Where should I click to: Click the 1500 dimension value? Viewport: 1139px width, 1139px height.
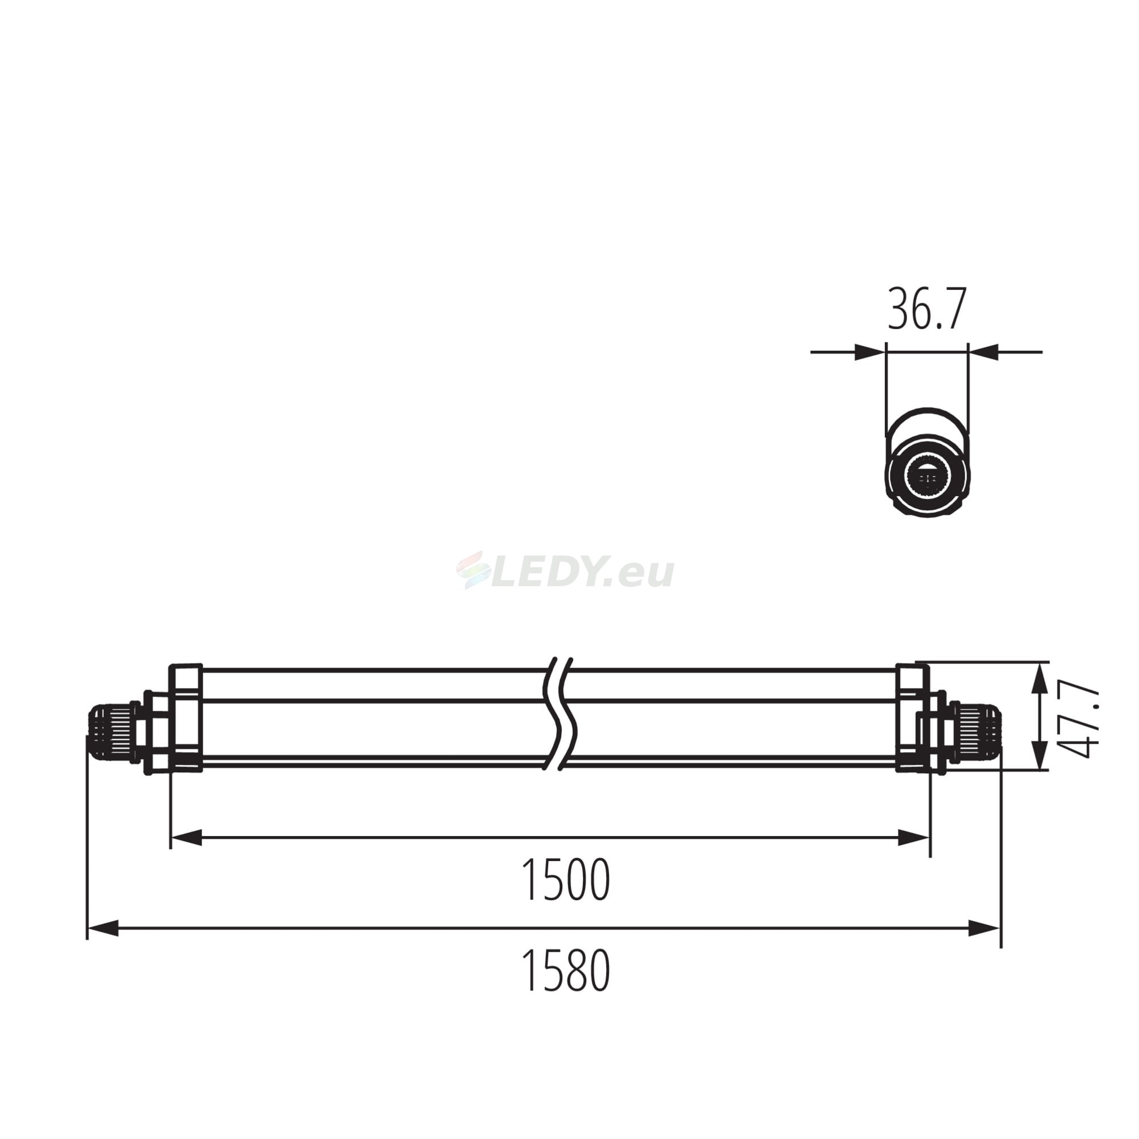point(566,880)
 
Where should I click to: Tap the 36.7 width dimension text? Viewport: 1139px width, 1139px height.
point(927,308)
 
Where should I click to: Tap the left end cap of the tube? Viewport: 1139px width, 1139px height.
point(186,718)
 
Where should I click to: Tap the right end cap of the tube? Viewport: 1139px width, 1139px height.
point(912,718)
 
